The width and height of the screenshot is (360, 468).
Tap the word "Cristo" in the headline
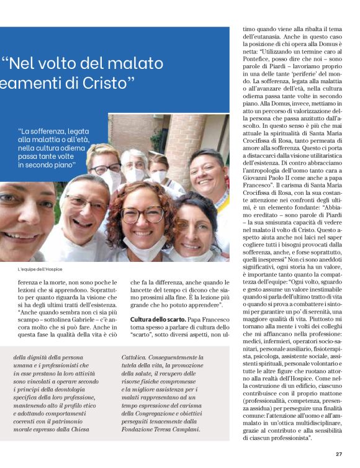pyautogui.click(x=106, y=84)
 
